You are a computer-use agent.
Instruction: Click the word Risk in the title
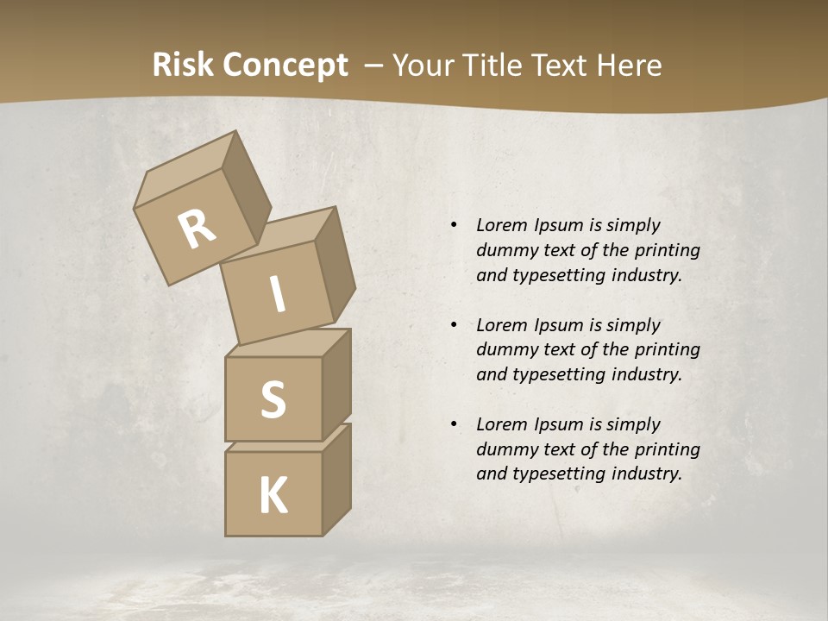coord(183,66)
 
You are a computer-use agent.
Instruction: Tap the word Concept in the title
coord(285,66)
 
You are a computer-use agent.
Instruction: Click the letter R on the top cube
coord(197,229)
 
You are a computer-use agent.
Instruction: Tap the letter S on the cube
coord(273,399)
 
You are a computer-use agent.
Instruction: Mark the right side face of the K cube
coord(336,479)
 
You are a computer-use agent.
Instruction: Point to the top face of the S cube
coord(286,342)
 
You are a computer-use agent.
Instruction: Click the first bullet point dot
coord(454,225)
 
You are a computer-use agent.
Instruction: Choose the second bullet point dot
coord(454,325)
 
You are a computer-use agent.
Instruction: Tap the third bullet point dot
coord(454,424)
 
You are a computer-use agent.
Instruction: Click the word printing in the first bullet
coord(667,250)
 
